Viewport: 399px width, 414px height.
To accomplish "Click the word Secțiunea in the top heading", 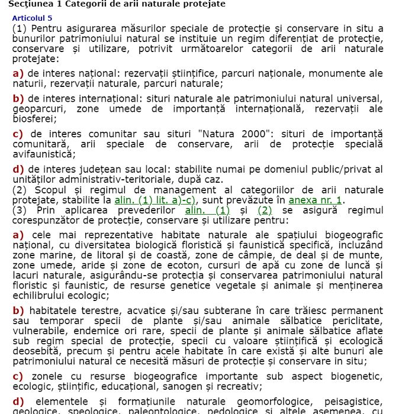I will (x=26, y=4).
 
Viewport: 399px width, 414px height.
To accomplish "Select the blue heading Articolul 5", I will (x=32, y=18).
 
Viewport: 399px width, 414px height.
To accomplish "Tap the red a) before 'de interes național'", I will (x=18, y=73).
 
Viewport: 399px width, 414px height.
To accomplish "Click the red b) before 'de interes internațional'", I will (x=18, y=98).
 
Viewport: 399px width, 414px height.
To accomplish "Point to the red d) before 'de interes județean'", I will (x=18, y=169).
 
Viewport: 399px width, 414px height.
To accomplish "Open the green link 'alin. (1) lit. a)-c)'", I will (x=155, y=200).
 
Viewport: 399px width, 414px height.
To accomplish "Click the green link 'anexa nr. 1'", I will (x=316, y=200).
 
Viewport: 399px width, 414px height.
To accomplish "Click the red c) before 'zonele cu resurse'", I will (x=18, y=376).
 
